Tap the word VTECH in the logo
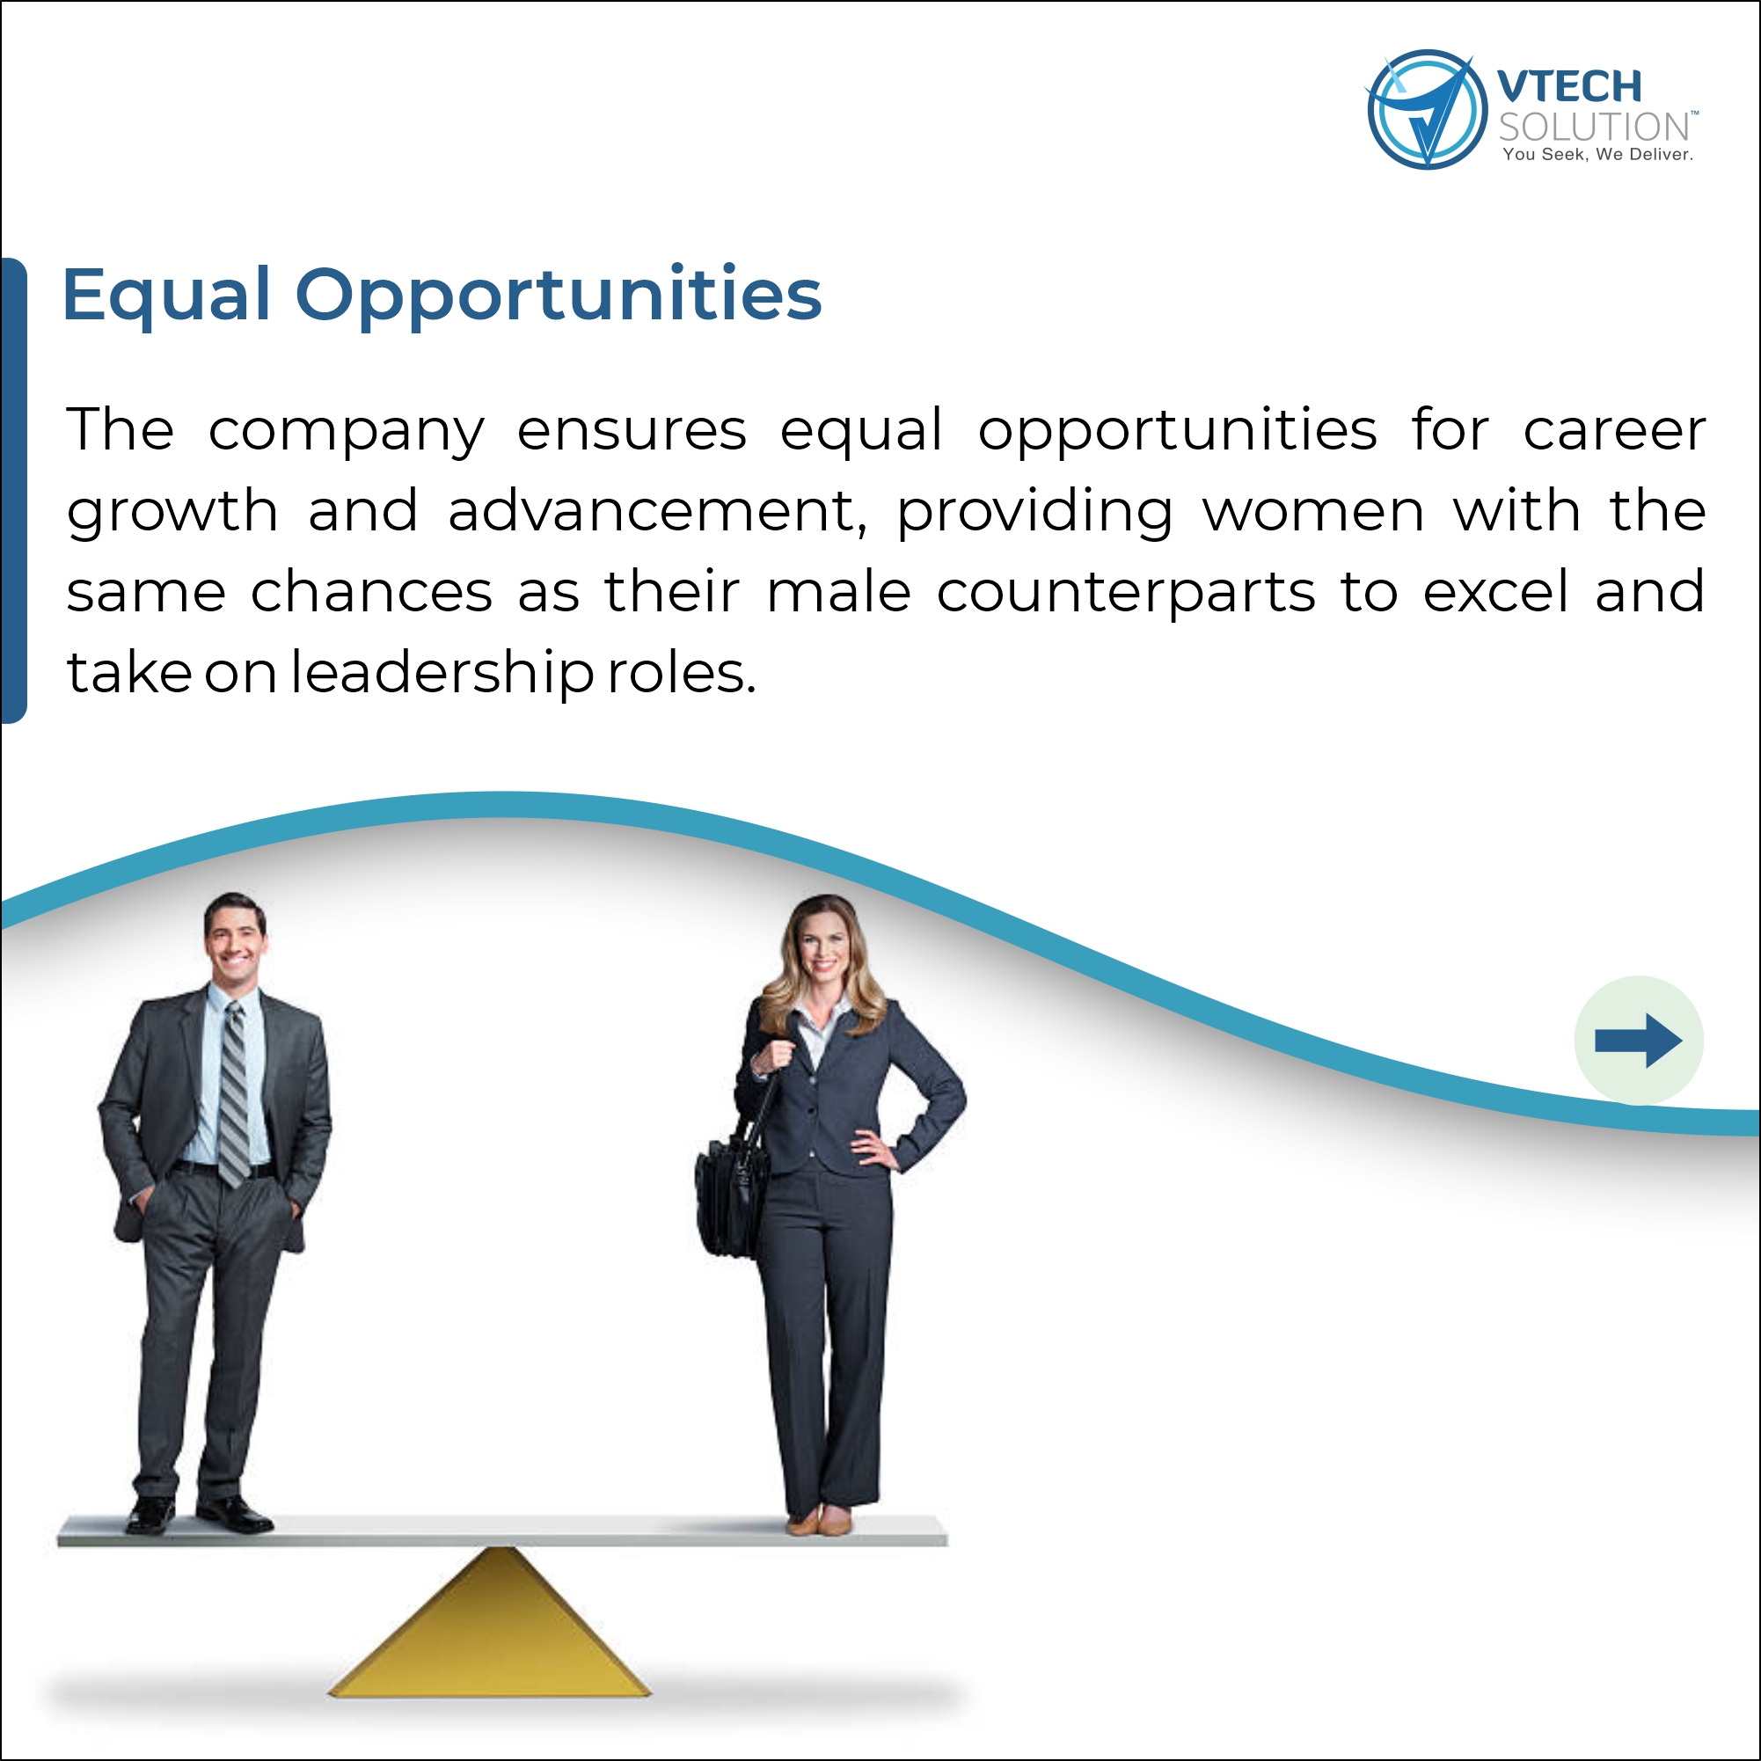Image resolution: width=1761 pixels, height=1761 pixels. coord(1568,87)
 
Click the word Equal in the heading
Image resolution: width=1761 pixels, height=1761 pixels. coord(167,296)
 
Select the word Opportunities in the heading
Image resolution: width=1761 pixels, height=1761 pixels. coord(559,296)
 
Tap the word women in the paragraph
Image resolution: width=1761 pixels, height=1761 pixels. coord(1313,511)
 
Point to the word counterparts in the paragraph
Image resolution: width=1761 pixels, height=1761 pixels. coord(1127,594)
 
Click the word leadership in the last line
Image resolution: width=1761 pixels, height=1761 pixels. coord(442,674)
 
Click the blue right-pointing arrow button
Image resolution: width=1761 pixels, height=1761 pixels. coord(1638,1041)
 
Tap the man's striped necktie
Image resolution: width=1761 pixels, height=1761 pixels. coord(234,1093)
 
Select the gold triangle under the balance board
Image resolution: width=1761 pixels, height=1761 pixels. coord(489,1624)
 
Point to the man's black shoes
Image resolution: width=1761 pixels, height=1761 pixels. coord(200,1514)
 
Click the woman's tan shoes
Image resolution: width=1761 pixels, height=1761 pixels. coord(820,1520)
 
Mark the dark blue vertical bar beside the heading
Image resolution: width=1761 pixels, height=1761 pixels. coord(14,490)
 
